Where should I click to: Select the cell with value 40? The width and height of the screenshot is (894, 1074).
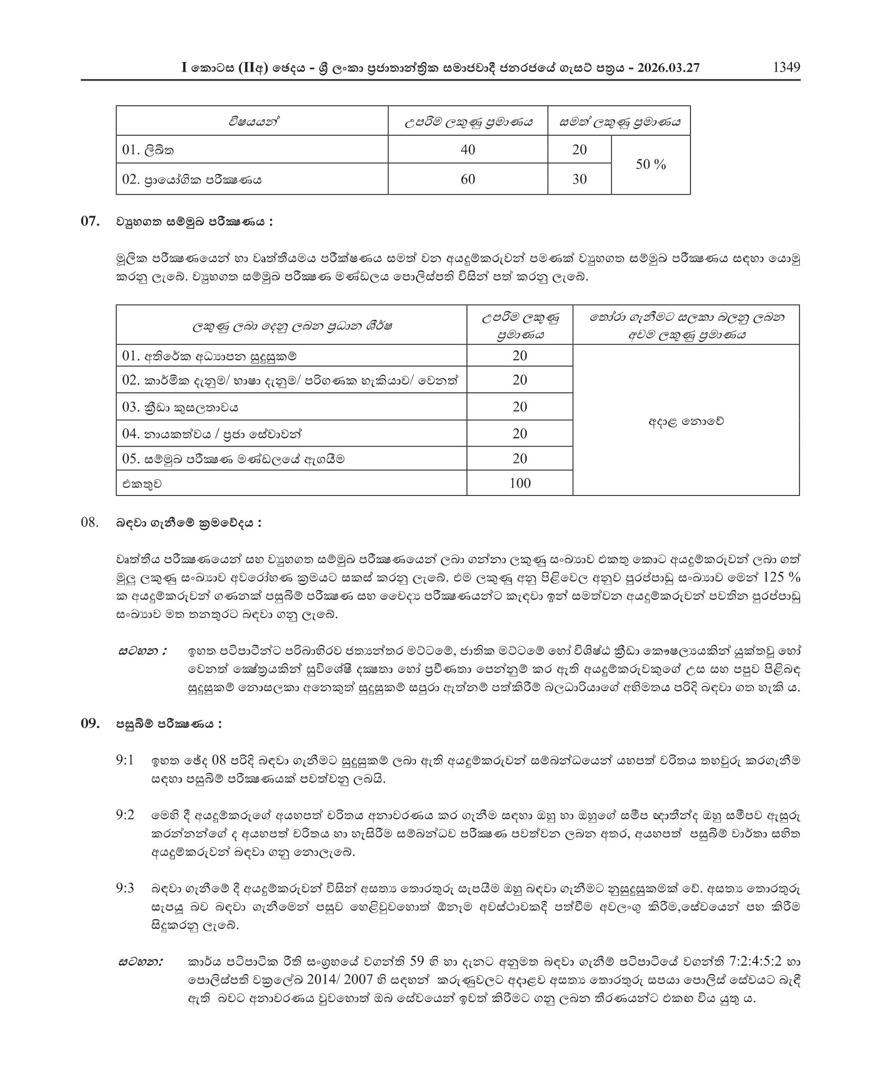pyautogui.click(x=468, y=150)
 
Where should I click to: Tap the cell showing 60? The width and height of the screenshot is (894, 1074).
pyautogui.click(x=468, y=179)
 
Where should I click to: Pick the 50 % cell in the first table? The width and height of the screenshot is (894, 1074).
pyautogui.click(x=651, y=165)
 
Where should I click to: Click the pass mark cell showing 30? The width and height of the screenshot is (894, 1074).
pyautogui.click(x=579, y=179)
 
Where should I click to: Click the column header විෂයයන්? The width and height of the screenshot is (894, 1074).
pyautogui.click(x=252, y=121)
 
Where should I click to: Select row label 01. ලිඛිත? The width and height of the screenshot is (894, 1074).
pyautogui.click(x=148, y=150)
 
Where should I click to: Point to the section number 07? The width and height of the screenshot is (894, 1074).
pyautogui.click(x=90, y=222)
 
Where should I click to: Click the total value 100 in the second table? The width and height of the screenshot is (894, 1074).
pyautogui.click(x=520, y=483)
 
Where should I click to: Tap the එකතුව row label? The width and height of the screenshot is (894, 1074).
pyautogui.click(x=141, y=483)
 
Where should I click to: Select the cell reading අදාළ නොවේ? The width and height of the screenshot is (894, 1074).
pyautogui.click(x=686, y=421)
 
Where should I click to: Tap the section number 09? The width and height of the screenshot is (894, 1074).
pyautogui.click(x=90, y=724)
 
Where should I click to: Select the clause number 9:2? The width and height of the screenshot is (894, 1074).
pyautogui.click(x=126, y=815)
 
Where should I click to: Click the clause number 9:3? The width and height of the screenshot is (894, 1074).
pyautogui.click(x=126, y=888)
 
